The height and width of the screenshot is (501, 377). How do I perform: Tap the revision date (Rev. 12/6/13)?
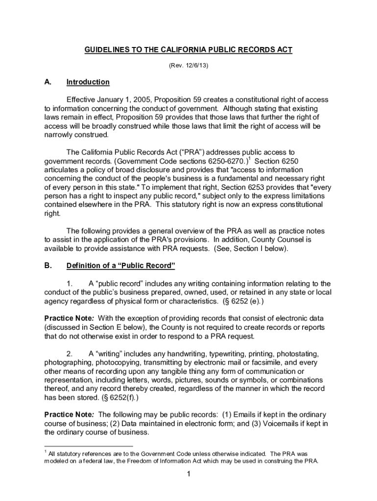pos(188,65)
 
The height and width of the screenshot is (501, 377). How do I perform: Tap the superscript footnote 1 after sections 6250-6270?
pos(249,159)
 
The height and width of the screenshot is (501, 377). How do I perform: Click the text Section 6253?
pos(231,187)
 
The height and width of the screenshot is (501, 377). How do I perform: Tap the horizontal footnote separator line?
pos(88,446)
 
